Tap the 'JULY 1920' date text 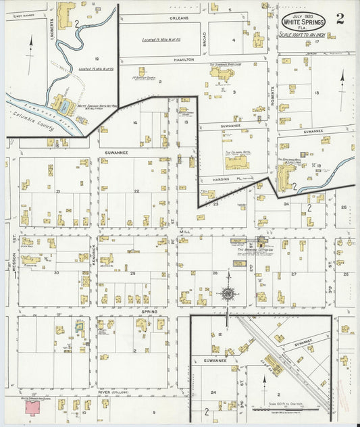click(303, 14)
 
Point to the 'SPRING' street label click(149, 311)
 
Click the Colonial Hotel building click(237, 162)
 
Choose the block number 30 click(57, 273)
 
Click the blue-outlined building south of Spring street click(79, 328)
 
